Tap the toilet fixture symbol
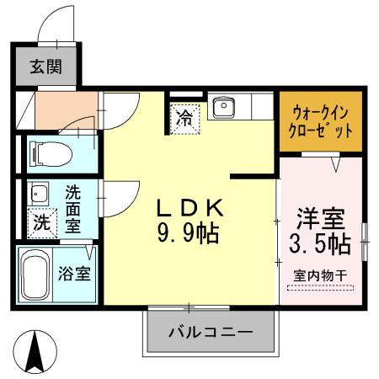coord(44,153)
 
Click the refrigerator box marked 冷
coord(184,117)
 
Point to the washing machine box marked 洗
coord(41,223)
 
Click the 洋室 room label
coord(321,217)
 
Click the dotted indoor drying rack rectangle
coord(320,287)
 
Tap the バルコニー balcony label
coord(211,331)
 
